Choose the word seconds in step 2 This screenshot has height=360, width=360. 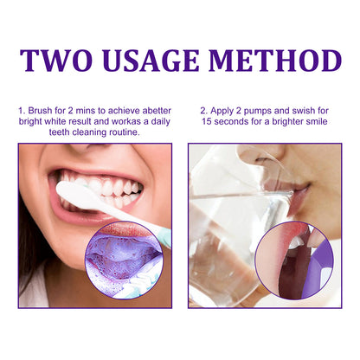[235, 122]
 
